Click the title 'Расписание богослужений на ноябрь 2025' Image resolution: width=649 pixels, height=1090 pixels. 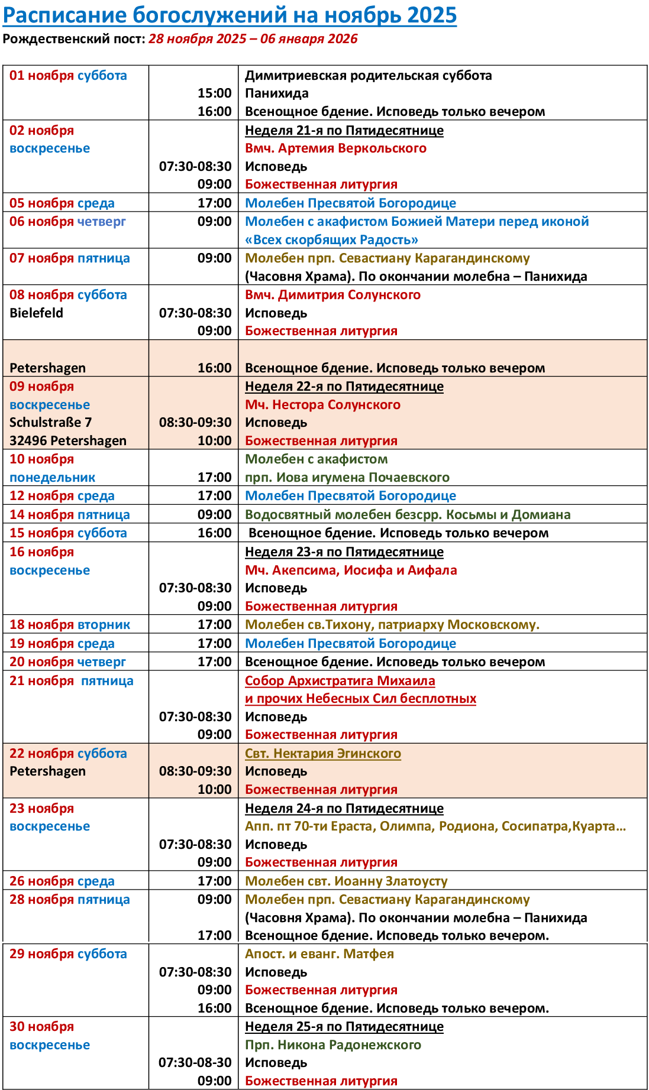pyautogui.click(x=230, y=15)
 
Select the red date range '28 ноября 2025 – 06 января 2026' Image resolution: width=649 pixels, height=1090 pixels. pyautogui.click(x=253, y=39)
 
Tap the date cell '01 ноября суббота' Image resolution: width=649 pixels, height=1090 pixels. pyautogui.click(x=68, y=76)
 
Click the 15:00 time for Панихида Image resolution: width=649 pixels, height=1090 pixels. pyautogui.click(x=214, y=93)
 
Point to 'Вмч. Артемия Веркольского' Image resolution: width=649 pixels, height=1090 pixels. pyautogui.click(x=335, y=148)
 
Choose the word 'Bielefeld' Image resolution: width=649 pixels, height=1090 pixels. pyautogui.click(x=36, y=313)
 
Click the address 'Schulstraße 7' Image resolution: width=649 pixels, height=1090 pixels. pyautogui.click(x=50, y=423)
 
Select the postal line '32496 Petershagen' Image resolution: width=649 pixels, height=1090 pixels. pyautogui.click(x=68, y=441)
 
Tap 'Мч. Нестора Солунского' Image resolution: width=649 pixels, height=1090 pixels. pyautogui.click(x=322, y=405)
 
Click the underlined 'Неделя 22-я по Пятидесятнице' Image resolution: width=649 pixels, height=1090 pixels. pyautogui.click(x=344, y=387)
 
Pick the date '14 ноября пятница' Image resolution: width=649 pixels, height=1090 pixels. pyautogui.click(x=69, y=515)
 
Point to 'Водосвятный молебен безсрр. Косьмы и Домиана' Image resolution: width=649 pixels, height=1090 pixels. pyautogui.click(x=408, y=515)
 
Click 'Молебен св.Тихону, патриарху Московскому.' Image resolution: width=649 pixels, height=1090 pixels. pyautogui.click(x=392, y=625)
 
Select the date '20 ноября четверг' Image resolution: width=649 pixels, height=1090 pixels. pyautogui.click(x=67, y=662)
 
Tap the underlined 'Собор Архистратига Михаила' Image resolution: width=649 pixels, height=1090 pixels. pyautogui.click(x=340, y=681)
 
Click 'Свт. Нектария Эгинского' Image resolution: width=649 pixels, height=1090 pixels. pyautogui.click(x=322, y=754)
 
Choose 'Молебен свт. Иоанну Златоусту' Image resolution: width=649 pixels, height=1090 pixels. pyautogui.click(x=346, y=881)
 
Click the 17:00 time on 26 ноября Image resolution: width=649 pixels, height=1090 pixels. pyautogui.click(x=214, y=881)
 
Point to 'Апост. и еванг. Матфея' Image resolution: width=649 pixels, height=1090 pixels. pyautogui.click(x=319, y=954)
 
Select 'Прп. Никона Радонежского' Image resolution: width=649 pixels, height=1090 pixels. pyautogui.click(x=333, y=1045)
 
